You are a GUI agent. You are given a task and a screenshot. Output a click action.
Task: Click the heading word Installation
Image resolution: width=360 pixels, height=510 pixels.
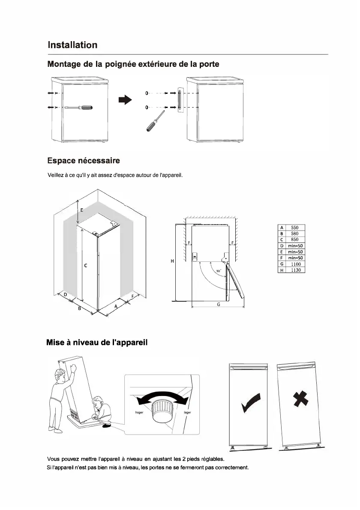(x=72, y=45)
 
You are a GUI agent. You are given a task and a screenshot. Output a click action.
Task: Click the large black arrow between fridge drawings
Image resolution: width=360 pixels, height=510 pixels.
(x=125, y=100)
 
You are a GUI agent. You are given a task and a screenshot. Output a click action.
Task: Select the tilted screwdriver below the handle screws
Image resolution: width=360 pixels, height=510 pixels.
(x=155, y=120)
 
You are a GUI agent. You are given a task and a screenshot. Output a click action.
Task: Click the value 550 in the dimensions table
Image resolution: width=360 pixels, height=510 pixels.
(x=295, y=228)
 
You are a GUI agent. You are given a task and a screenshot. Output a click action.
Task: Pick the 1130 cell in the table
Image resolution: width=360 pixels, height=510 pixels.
(x=295, y=270)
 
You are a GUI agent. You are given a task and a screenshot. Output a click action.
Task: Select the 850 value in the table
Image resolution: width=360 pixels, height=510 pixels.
(x=295, y=240)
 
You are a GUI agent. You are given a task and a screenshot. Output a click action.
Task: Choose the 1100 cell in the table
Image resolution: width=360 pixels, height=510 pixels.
(x=295, y=264)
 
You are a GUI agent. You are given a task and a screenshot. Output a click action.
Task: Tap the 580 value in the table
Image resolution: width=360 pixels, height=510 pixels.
(x=295, y=234)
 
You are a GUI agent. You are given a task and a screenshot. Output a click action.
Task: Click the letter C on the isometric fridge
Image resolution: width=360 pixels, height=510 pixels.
(x=86, y=266)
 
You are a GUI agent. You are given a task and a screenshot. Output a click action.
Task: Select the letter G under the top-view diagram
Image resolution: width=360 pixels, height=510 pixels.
(x=218, y=304)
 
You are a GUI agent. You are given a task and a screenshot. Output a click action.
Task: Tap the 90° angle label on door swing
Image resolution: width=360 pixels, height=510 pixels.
(x=218, y=271)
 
